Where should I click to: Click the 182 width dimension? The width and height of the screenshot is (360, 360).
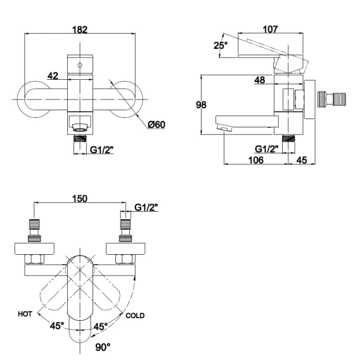click(x=80, y=30)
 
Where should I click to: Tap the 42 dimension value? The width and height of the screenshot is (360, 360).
click(x=53, y=76)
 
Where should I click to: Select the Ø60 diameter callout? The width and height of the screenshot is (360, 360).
click(x=157, y=124)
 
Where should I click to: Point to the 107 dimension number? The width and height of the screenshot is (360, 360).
click(x=270, y=29)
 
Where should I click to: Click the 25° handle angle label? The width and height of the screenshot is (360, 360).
click(x=221, y=45)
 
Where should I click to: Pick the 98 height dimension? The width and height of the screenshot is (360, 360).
click(x=201, y=105)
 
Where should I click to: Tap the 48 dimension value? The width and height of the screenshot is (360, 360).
click(x=260, y=80)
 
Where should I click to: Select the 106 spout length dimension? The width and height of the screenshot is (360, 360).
click(x=256, y=160)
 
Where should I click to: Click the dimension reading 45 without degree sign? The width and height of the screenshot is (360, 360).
click(x=302, y=160)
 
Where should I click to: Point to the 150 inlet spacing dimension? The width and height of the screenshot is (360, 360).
click(x=80, y=198)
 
